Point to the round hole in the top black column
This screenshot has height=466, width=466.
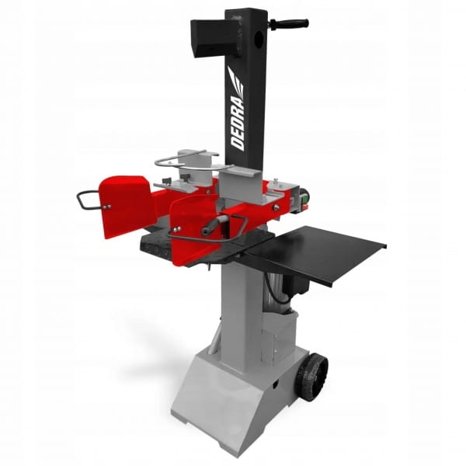(259, 37)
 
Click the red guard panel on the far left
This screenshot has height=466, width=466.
(125, 205)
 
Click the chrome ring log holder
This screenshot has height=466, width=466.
(186, 162)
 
